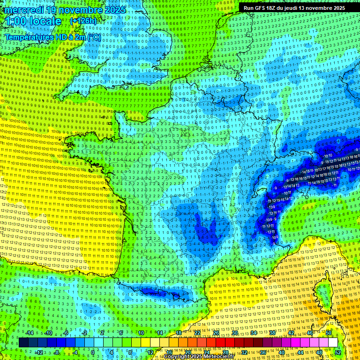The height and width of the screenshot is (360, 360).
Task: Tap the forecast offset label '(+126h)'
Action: [83, 21]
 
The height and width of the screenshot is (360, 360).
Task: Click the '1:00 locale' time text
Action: [33, 21]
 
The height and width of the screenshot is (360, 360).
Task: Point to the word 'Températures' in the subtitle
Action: [27, 37]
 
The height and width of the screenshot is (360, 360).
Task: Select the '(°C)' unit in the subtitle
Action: [94, 37]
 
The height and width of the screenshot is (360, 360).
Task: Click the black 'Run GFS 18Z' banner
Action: [294, 8]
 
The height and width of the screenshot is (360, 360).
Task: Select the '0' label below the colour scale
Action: [92, 352]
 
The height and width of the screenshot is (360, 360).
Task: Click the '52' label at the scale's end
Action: [338, 352]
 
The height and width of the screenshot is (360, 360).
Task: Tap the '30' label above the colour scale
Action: [234, 333]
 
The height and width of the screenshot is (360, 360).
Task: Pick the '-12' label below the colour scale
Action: [39, 352]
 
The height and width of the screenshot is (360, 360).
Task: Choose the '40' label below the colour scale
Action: [281, 352]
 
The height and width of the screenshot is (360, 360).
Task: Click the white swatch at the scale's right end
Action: [333, 343]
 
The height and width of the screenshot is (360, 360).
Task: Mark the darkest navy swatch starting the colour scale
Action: [23, 343]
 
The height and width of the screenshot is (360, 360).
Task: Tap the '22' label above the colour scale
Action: [197, 333]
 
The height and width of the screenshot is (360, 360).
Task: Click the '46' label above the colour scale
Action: [309, 333]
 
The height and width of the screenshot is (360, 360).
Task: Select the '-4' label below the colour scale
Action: [75, 352]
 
